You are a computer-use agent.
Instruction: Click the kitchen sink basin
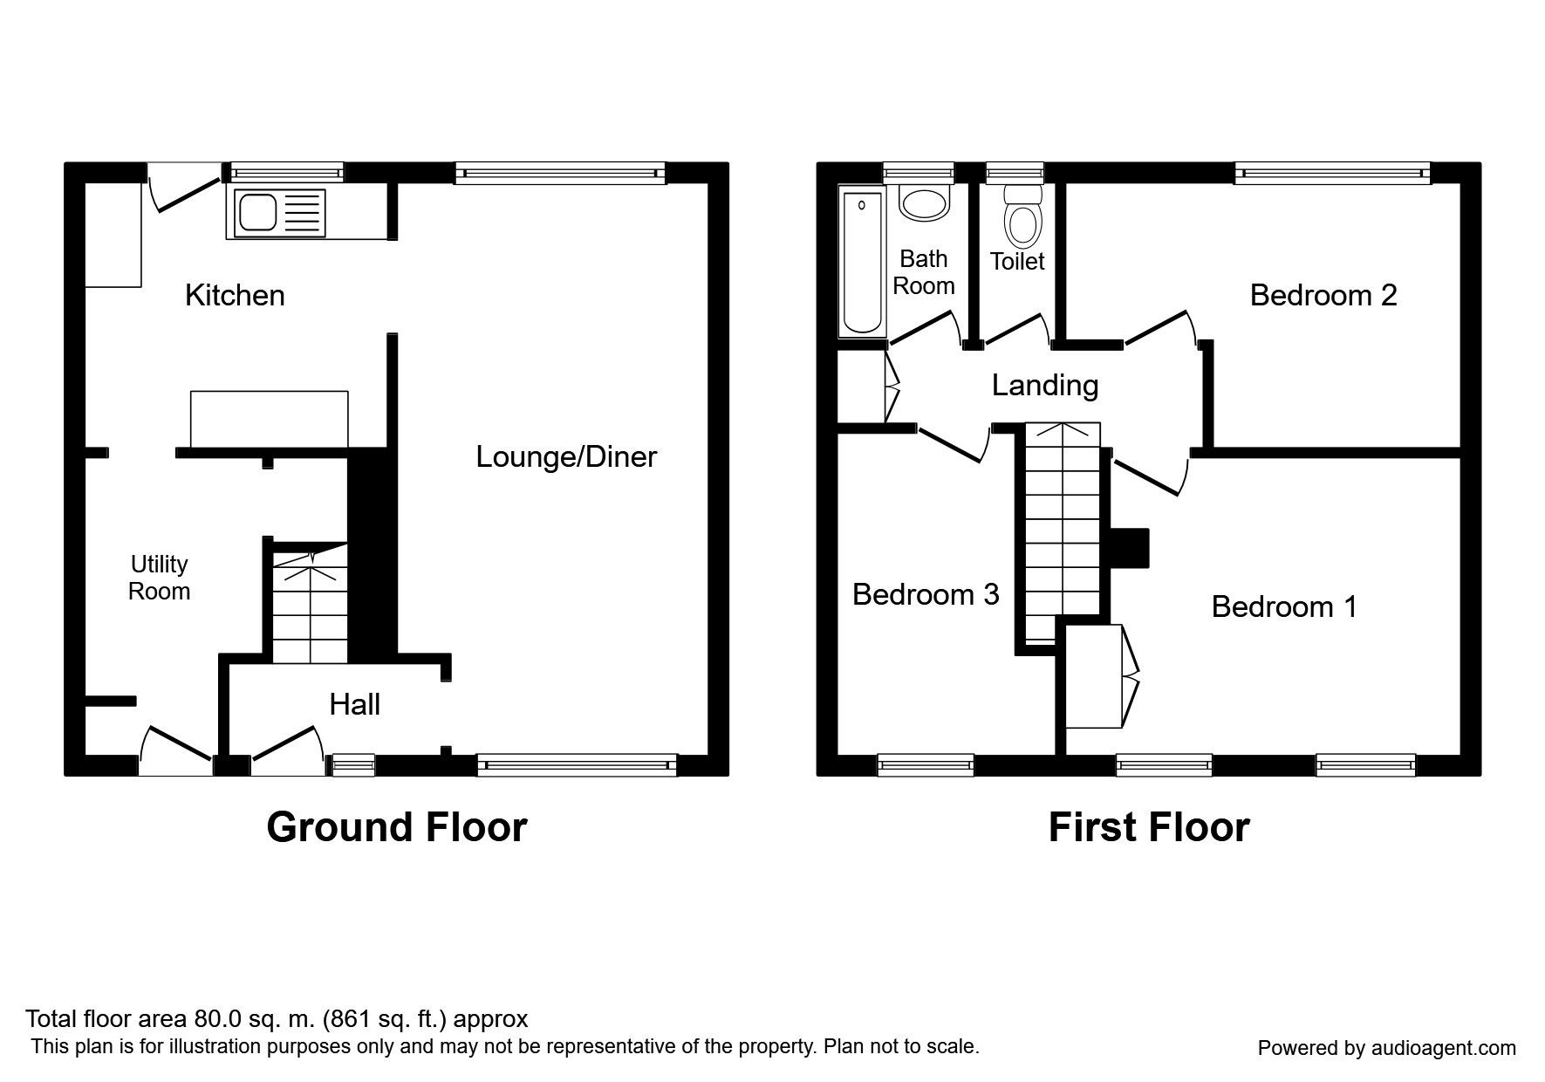[257, 212]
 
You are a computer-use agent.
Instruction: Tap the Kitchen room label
[235, 295]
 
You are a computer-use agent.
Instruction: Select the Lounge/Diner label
[566, 456]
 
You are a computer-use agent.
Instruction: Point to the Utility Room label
[159, 578]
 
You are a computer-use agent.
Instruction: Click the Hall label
[354, 704]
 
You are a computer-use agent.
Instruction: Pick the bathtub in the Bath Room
[862, 262]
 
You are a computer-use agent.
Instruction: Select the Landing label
[1045, 385]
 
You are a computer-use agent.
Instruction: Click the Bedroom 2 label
[1323, 295]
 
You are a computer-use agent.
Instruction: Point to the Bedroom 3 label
[926, 594]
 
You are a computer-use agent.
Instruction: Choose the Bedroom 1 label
[1284, 606]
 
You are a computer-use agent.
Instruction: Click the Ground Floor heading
[397, 827]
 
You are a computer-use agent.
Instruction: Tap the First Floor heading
[1149, 827]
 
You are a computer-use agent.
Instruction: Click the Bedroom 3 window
[926, 765]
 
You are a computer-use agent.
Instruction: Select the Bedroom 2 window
[1333, 173]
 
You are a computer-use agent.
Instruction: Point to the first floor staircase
[1063, 534]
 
